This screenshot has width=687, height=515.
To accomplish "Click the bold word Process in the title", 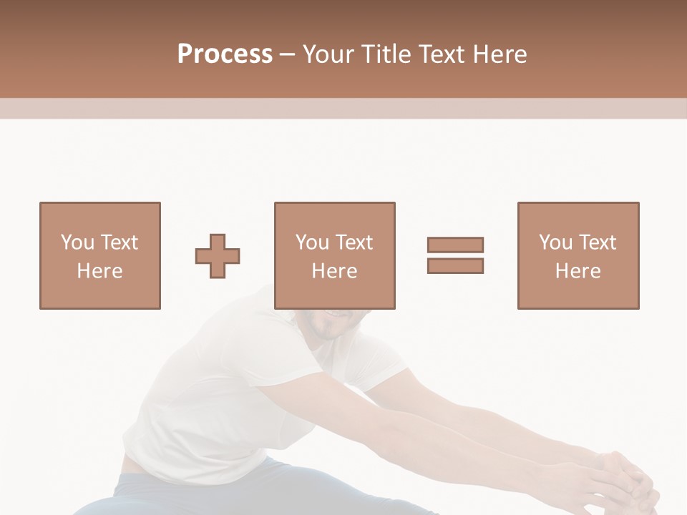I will coord(225,54).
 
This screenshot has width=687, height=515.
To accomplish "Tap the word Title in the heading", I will coord(388,54).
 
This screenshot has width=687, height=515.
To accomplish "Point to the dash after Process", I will coord(287,54).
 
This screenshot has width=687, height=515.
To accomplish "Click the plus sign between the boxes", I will coord(218,256).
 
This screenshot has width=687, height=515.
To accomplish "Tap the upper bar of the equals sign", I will coord(455,245).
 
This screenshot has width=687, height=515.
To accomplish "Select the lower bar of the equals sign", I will coord(455,265).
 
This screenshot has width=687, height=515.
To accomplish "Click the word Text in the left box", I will coord(119,242).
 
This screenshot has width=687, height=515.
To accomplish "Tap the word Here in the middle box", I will coord(335,271).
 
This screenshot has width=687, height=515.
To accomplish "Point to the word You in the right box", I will coord(555,242).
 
